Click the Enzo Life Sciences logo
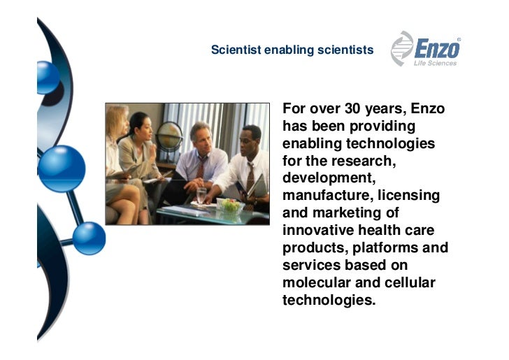click(x=426, y=49)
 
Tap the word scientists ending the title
click(x=346, y=50)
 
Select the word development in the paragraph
click(x=324, y=179)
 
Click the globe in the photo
click(x=169, y=135)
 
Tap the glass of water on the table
click(x=201, y=196)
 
